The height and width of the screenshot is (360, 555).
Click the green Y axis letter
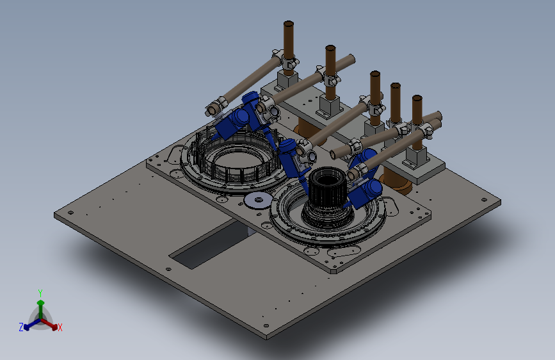pyautogui.click(x=40, y=293)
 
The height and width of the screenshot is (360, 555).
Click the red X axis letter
pyautogui.click(x=60, y=327)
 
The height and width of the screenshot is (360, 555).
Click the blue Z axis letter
pyautogui.click(x=21, y=327)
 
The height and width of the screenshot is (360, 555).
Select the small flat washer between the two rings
pyautogui.click(x=258, y=200)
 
